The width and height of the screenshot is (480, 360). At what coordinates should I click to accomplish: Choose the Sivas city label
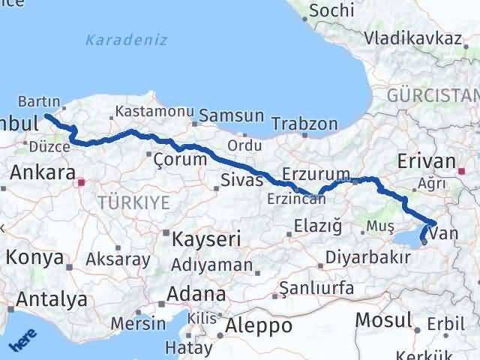(242, 180)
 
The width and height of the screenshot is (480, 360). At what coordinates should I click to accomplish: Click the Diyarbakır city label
(367, 257)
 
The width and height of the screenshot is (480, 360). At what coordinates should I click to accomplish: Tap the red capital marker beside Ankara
(82, 181)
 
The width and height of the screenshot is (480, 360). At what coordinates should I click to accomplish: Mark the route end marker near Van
(424, 241)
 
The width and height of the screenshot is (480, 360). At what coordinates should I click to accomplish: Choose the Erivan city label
(427, 161)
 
